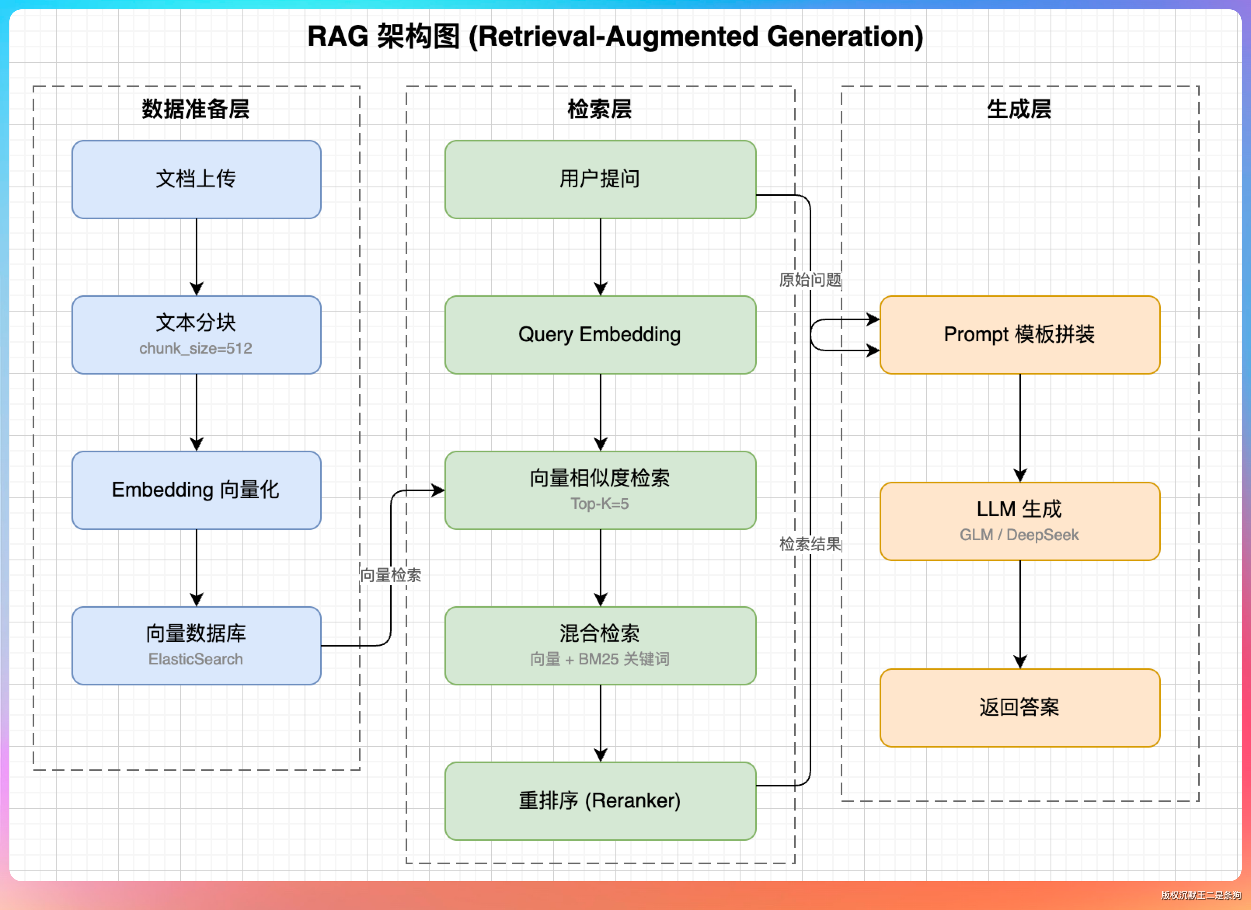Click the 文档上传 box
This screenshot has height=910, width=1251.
tap(196, 179)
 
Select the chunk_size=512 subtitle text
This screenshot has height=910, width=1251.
tap(196, 349)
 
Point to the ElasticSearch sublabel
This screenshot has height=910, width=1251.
tap(196, 659)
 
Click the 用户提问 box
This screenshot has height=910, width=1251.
tap(600, 179)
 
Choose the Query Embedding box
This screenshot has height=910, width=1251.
tap(600, 335)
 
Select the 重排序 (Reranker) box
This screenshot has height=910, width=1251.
tap(600, 801)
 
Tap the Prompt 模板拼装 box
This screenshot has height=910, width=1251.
tap(1020, 335)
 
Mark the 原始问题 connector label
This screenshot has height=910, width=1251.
tap(810, 280)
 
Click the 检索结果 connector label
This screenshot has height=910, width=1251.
tap(810, 544)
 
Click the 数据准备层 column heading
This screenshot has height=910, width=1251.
tap(196, 109)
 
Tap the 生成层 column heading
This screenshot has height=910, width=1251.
tap(1019, 109)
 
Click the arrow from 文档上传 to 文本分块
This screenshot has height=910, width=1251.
tap(196, 257)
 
